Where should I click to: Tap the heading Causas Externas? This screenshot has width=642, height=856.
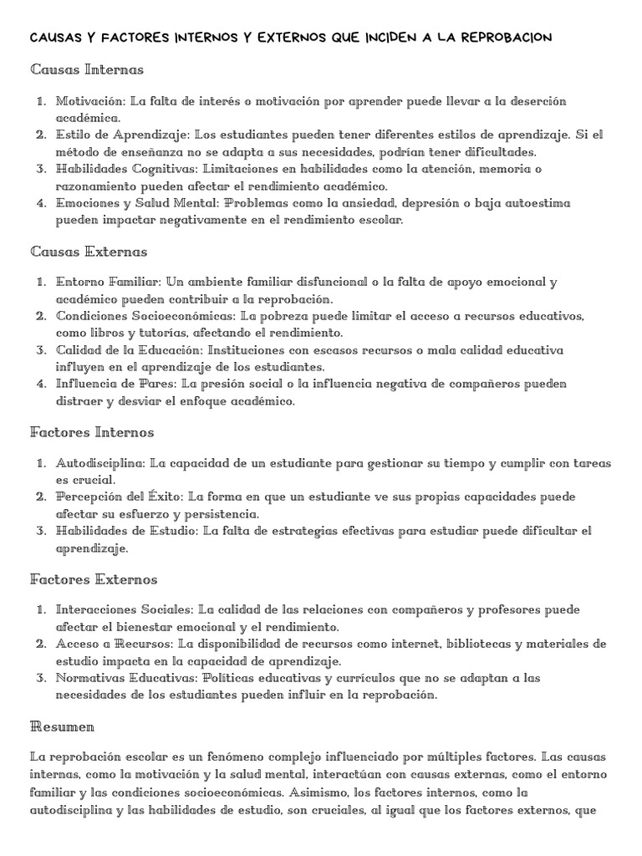pos(89,251)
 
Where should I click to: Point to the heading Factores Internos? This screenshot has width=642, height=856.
pos(92,432)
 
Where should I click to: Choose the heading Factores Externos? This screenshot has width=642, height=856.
pos(94,579)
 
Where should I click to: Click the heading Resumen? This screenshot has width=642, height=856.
pos(63,726)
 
